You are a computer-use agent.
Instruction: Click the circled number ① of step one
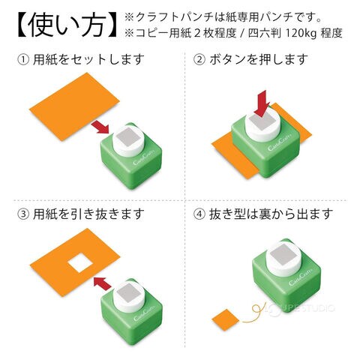point(23,60)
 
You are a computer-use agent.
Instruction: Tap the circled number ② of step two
point(199,60)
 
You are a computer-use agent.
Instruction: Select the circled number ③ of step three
point(23,214)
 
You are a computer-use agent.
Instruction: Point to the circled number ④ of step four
point(199,214)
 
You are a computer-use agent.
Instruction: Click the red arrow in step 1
point(100,127)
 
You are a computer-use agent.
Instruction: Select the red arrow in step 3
point(102,283)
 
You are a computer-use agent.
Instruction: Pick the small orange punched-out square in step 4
point(226,319)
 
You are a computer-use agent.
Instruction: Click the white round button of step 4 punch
point(284,257)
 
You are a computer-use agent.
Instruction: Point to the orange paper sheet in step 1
point(74,106)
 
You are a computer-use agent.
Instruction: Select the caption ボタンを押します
point(258,60)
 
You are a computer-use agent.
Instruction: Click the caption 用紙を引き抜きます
point(88,214)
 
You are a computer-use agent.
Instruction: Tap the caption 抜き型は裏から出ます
point(271,214)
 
